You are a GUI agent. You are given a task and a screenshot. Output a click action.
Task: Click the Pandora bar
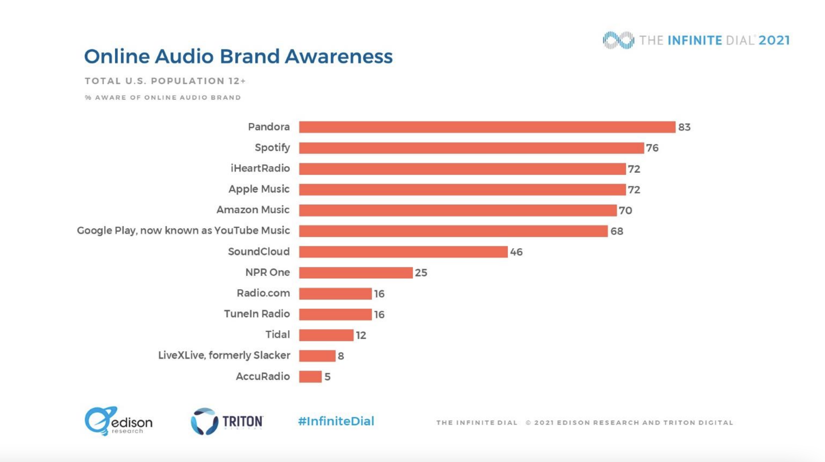coord(487,127)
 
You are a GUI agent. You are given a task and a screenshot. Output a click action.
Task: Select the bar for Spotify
coord(471,148)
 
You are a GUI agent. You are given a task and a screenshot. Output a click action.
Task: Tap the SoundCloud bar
coord(403,252)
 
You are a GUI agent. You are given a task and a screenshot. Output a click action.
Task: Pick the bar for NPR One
coord(355,273)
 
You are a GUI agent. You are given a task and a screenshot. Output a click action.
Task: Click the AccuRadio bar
coord(310,377)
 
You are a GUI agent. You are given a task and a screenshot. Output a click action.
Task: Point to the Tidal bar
coord(326,335)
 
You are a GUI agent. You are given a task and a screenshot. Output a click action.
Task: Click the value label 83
coord(684,127)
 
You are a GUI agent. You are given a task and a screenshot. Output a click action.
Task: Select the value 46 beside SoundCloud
coord(516,252)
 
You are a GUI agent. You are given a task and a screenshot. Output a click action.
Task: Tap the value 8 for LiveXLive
coord(341,356)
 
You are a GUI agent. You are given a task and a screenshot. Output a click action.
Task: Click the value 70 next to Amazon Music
coord(625,210)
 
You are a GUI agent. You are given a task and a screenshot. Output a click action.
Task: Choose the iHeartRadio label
coord(260,168)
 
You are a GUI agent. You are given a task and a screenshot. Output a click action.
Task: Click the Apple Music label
coord(259,189)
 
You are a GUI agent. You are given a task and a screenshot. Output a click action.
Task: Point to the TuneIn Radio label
coord(257,314)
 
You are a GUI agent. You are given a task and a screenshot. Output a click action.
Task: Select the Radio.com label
coord(263,293)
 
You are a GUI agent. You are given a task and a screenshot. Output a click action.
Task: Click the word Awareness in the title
coord(339,56)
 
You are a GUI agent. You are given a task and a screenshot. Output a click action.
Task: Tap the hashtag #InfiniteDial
coord(336,421)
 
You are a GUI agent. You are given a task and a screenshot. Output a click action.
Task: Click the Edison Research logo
coord(118,421)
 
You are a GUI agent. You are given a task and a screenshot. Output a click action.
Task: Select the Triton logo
coord(227,421)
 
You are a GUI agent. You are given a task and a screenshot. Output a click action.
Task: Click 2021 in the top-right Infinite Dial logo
coord(774,40)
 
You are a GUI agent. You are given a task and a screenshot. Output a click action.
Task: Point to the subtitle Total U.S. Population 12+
coord(165,81)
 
